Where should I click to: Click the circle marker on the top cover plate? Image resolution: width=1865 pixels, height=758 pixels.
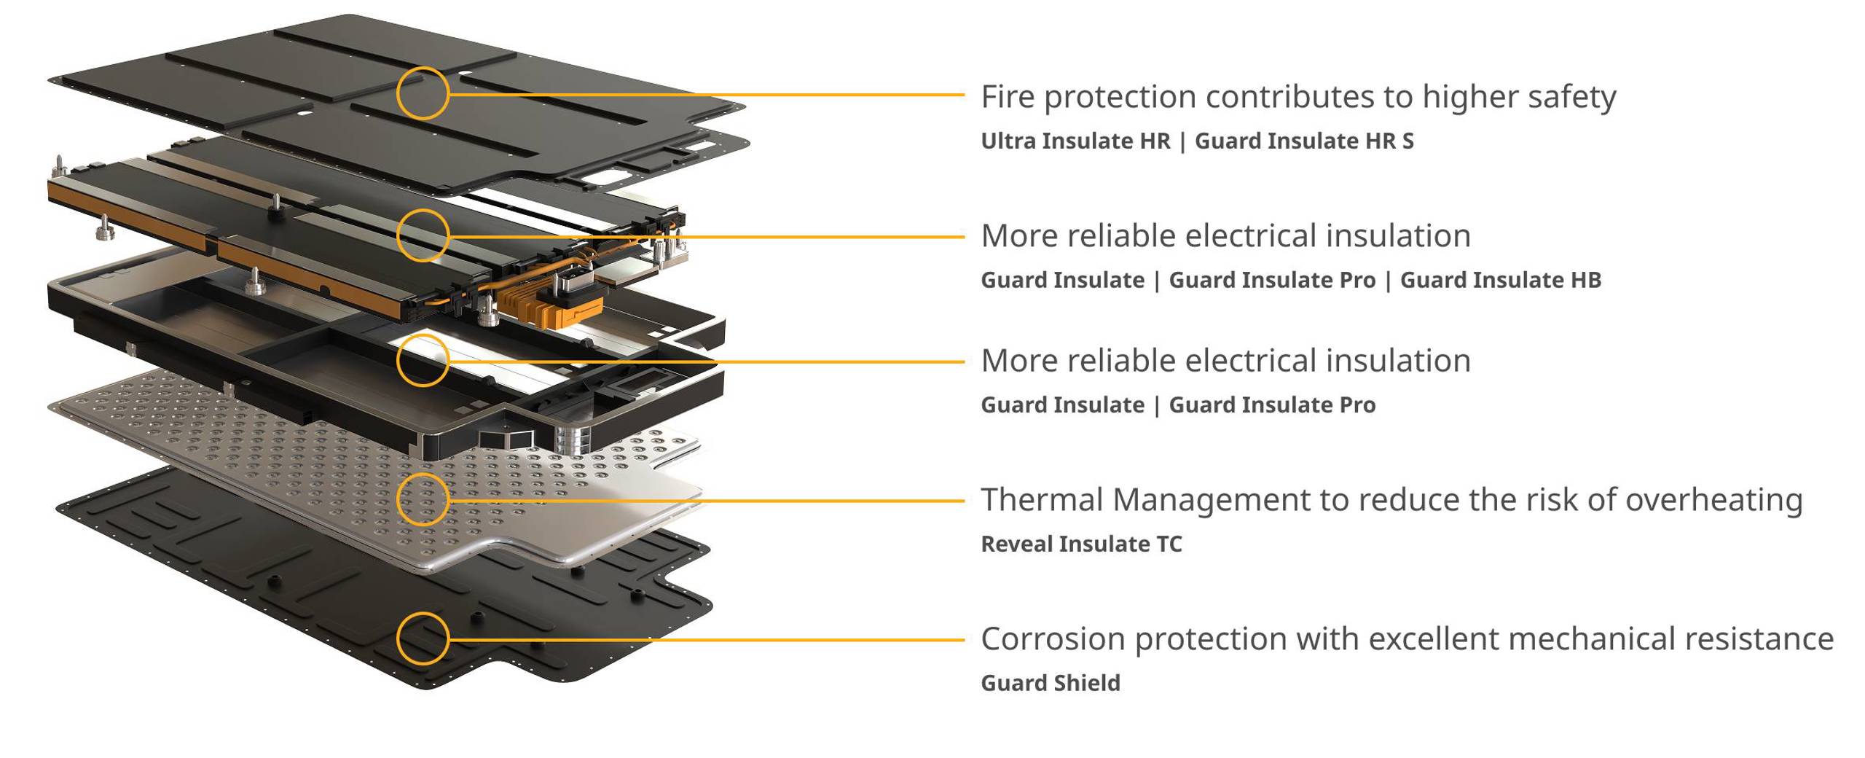pos(423,93)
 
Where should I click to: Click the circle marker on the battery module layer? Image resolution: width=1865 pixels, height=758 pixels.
pos(423,235)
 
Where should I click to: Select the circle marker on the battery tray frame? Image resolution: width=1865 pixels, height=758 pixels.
pos(423,360)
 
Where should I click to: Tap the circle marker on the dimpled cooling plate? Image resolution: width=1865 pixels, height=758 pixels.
pos(423,499)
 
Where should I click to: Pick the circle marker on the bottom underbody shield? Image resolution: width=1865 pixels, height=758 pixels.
pos(423,638)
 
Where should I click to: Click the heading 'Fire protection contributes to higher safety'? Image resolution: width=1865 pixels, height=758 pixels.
pos(1298,97)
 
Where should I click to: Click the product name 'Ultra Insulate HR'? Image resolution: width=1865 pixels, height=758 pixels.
pos(1075,141)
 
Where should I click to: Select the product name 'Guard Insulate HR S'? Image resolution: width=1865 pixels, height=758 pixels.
pos(1304,141)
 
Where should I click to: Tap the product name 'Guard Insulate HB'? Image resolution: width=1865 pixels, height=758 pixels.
pos(1501,280)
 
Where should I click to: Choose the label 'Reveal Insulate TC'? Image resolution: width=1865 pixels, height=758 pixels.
pos(1081,544)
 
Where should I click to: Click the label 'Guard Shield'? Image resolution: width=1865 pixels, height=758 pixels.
pos(1051,683)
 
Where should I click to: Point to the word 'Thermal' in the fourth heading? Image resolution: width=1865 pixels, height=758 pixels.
pos(1043,500)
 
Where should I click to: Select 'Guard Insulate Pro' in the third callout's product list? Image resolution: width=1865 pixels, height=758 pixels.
pos(1272,405)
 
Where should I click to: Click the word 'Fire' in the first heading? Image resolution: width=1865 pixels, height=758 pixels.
pos(1008,97)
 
